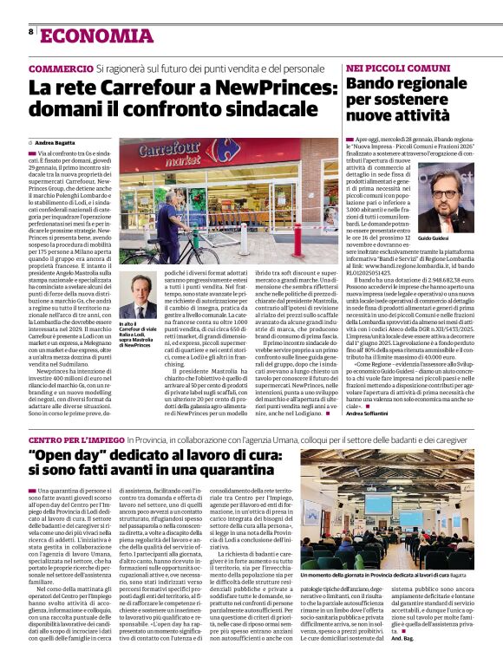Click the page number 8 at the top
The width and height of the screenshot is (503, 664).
click(x=31, y=33)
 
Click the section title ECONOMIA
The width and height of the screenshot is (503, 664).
click(x=83, y=35)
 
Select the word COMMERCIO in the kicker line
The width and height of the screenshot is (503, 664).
click(x=61, y=68)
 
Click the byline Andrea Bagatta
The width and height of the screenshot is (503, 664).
click(x=56, y=142)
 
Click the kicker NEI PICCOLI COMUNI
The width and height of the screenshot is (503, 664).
click(x=386, y=68)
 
